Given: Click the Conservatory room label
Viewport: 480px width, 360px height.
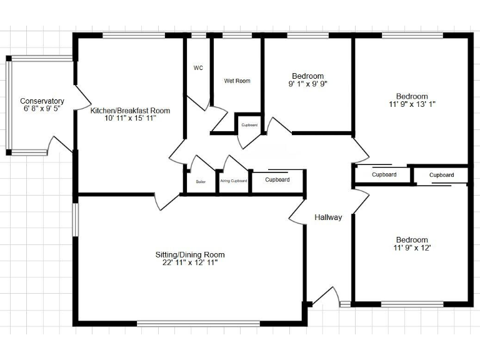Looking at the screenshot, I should click(x=42, y=101).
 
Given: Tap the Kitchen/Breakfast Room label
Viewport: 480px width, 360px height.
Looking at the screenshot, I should click(x=130, y=111).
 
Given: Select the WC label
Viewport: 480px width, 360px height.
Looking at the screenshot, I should click(x=198, y=67).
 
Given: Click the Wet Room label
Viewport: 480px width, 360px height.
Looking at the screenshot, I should click(x=237, y=81).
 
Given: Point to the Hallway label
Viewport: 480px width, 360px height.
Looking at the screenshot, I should click(x=328, y=217).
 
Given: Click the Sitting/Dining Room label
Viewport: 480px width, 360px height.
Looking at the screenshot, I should click(x=190, y=254).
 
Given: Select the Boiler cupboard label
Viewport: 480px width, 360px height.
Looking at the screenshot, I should click(x=201, y=181).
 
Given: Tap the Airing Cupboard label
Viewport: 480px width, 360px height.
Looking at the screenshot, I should click(x=234, y=181).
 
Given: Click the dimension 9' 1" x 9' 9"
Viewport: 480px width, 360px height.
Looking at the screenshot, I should click(x=307, y=84).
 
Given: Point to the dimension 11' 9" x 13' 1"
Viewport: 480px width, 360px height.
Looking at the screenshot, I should click(x=412, y=104).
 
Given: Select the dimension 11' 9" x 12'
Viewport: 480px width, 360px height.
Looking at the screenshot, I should click(x=412, y=248).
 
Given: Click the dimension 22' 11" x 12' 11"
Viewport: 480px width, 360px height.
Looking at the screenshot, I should click(x=190, y=262).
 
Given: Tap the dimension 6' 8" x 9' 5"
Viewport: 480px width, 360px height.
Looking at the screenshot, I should click(x=42, y=109).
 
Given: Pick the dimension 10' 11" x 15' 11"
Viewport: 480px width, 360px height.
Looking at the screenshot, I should click(x=130, y=118).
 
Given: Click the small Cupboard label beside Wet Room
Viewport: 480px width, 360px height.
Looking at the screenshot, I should click(x=249, y=125).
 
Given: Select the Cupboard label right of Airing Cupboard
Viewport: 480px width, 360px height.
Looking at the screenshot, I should click(x=277, y=179).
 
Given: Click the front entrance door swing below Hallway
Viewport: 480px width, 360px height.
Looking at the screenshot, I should click(x=326, y=297).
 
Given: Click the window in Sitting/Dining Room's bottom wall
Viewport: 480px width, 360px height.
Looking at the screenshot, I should click(x=199, y=323).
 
